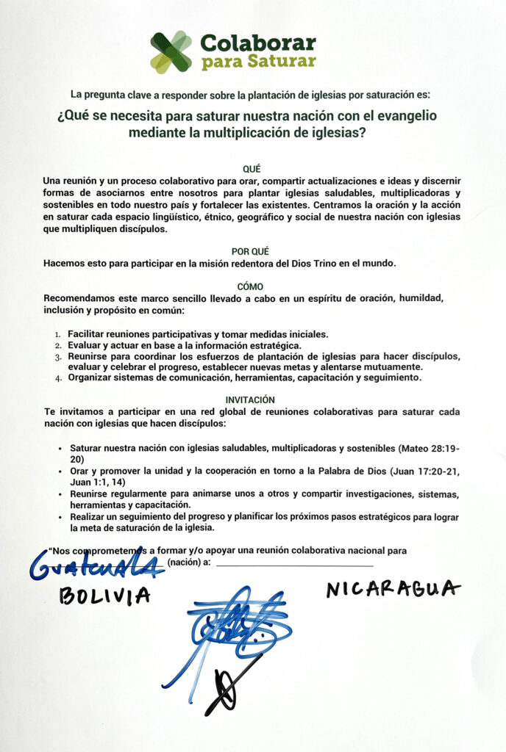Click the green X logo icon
[x=171, y=51]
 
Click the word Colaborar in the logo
[x=258, y=43]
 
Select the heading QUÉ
[x=252, y=169]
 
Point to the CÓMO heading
[x=252, y=286]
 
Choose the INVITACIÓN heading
[x=252, y=399]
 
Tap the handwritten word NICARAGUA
[x=394, y=588]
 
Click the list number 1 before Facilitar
[x=60, y=334]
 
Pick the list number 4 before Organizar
[x=60, y=378]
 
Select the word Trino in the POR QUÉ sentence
[x=299, y=263]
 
